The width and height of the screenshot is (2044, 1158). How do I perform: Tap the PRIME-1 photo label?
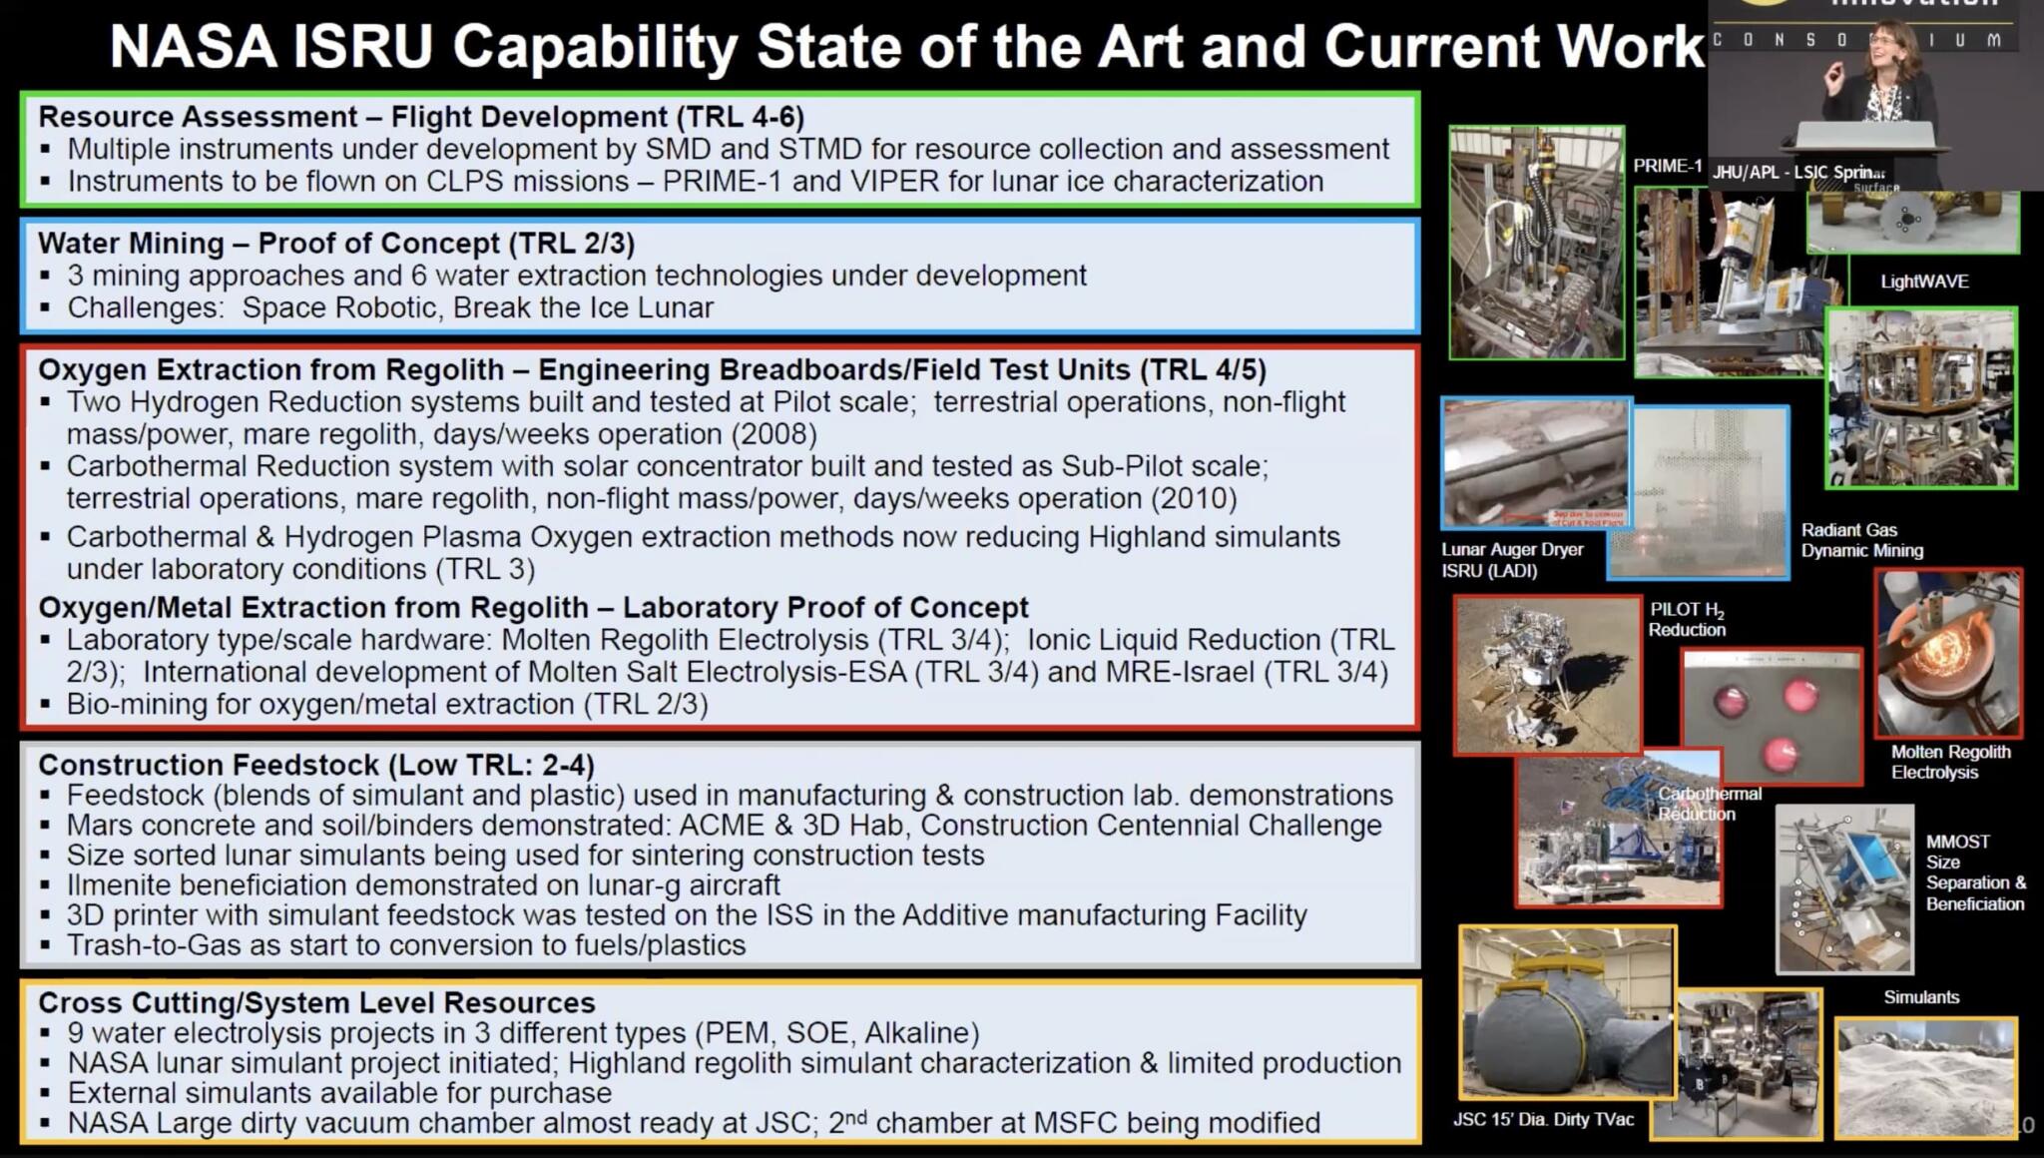[x=1667, y=167]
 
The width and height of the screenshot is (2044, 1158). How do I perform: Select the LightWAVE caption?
[x=1924, y=282]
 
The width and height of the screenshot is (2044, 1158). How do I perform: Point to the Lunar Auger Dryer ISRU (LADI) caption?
[x=1512, y=560]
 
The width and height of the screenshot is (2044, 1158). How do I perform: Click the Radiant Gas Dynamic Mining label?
[x=1861, y=540]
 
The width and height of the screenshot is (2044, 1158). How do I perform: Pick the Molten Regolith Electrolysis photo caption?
[x=1950, y=762]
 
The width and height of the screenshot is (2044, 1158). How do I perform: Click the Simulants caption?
[x=1921, y=997]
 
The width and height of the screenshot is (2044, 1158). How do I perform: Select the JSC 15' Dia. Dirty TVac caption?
[x=1543, y=1119]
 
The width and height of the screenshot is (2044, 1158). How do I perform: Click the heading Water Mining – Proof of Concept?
[x=335, y=244]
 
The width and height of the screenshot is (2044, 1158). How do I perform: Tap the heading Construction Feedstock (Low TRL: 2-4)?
[x=315, y=765]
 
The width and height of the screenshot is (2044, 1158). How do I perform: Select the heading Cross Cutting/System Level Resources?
[x=316, y=1002]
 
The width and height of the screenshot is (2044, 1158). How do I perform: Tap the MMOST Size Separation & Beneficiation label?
[x=1975, y=872]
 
